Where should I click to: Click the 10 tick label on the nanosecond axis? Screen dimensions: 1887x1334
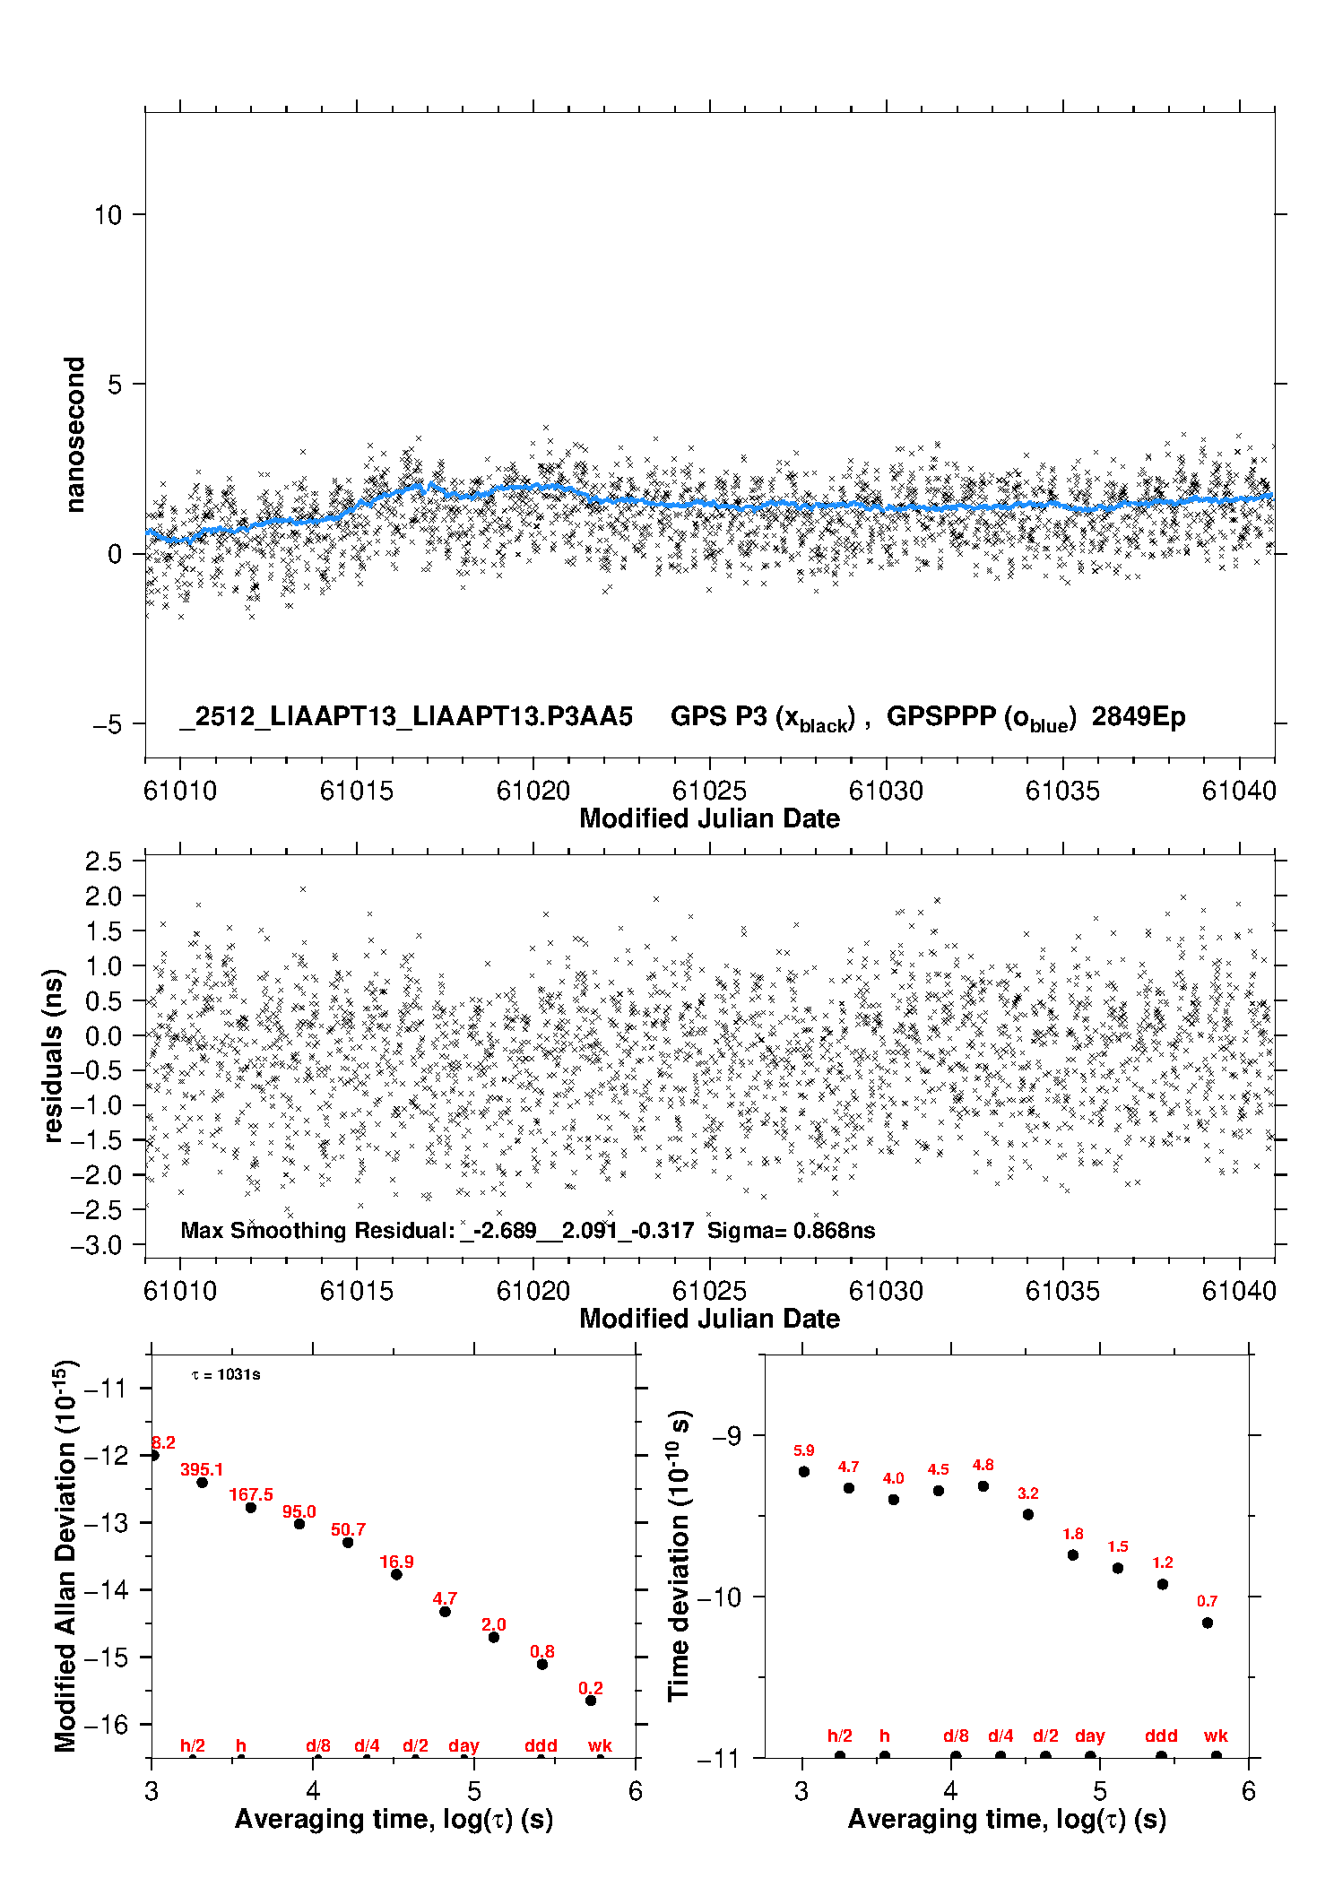[x=108, y=215]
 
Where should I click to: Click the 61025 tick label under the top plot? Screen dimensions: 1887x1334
[x=709, y=791]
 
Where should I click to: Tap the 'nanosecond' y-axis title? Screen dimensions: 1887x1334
[x=74, y=435]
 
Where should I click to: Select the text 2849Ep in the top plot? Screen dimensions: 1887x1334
[x=1138, y=717]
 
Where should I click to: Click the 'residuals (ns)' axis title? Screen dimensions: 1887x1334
[x=54, y=1055]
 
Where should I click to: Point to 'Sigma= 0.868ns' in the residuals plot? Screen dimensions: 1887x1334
[x=791, y=1230]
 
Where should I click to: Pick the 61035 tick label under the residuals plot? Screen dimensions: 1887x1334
[x=1062, y=1291]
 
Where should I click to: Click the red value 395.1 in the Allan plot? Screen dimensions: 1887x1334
[x=202, y=1470]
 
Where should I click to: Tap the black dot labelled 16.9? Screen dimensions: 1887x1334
[x=396, y=1575]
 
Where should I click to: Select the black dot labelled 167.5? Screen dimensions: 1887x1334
[x=251, y=1508]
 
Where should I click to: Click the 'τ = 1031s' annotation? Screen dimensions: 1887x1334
[x=226, y=1375]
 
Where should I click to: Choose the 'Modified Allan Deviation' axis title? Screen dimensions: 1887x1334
[x=65, y=1555]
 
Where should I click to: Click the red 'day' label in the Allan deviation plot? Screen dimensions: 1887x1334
[x=463, y=1746]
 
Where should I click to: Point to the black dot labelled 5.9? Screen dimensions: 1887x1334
[x=804, y=1472]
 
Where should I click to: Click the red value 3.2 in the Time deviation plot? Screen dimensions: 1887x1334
[x=1028, y=1493]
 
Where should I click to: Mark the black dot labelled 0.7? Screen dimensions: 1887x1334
[x=1208, y=1623]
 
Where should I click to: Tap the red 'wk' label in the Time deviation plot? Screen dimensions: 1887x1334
[x=1216, y=1736]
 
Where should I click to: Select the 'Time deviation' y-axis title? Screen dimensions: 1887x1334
[x=680, y=1555]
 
